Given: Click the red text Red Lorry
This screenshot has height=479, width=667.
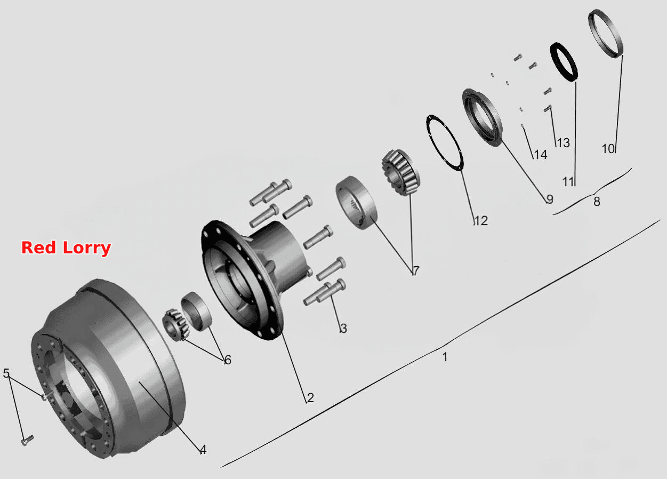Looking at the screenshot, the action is (66, 248).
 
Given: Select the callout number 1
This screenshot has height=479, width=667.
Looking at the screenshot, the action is (445, 357).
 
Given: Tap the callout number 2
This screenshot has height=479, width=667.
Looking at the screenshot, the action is (310, 398).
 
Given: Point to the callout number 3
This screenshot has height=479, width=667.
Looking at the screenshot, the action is (343, 328).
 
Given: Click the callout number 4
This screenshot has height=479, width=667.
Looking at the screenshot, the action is (203, 450).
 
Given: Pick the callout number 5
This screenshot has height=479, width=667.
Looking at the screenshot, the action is (6, 373).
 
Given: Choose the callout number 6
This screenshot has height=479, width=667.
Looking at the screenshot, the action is (228, 360).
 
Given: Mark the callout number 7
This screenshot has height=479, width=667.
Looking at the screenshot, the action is (416, 271).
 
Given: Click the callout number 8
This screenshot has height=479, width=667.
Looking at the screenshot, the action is (597, 202).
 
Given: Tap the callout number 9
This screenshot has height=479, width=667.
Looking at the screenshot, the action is (550, 199).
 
